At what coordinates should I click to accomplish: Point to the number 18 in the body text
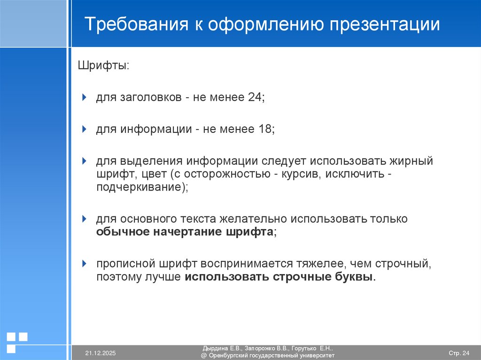point(265,129)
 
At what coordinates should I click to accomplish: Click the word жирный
point(410,161)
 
